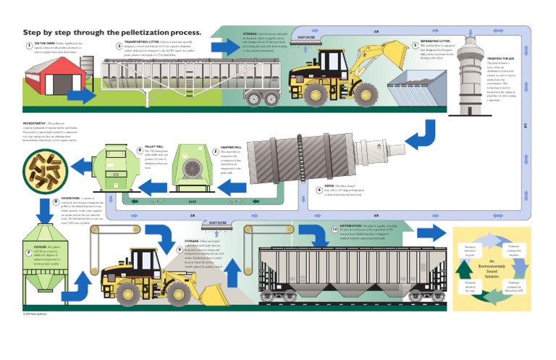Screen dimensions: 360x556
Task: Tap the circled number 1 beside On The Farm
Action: tap(28, 44)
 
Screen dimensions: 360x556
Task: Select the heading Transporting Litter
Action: tap(142, 43)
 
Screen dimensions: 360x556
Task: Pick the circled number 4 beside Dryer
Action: tap(319, 190)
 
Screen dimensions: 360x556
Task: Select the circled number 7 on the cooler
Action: tap(28, 252)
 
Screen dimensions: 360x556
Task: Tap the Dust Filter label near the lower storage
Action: tap(219, 222)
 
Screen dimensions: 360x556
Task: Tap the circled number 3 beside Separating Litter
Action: tap(416, 44)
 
